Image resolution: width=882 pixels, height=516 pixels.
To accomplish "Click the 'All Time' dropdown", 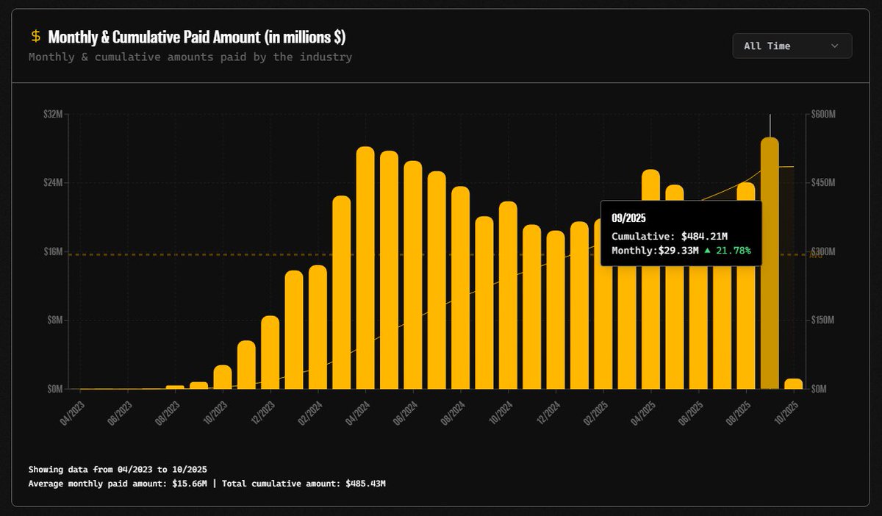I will click(792, 46).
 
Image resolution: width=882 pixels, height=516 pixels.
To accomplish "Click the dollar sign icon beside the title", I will click(35, 37).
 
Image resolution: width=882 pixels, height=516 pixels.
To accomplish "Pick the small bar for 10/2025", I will click(793, 384).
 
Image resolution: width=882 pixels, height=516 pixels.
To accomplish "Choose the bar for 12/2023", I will click(270, 352).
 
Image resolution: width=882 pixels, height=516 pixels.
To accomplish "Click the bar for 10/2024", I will click(508, 295).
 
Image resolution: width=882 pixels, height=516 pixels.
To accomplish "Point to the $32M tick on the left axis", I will click(53, 114).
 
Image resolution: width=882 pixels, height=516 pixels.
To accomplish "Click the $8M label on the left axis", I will click(54, 320).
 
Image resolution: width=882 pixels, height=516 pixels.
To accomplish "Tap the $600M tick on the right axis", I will click(823, 114).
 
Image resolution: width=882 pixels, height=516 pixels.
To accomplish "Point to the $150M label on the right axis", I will click(823, 320).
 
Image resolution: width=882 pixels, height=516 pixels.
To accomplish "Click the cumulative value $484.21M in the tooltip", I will click(704, 236).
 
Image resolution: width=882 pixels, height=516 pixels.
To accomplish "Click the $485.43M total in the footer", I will click(365, 483).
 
